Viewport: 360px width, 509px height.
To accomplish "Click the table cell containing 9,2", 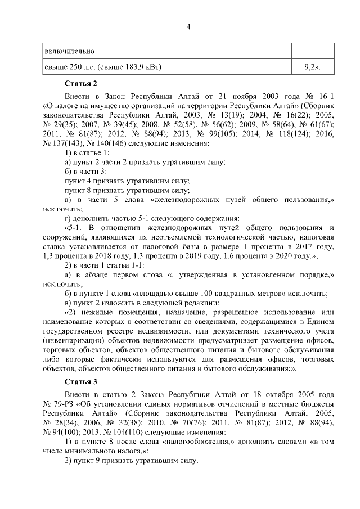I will (x=312, y=67).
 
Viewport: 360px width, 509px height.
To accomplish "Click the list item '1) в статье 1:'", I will (x=87, y=152).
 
